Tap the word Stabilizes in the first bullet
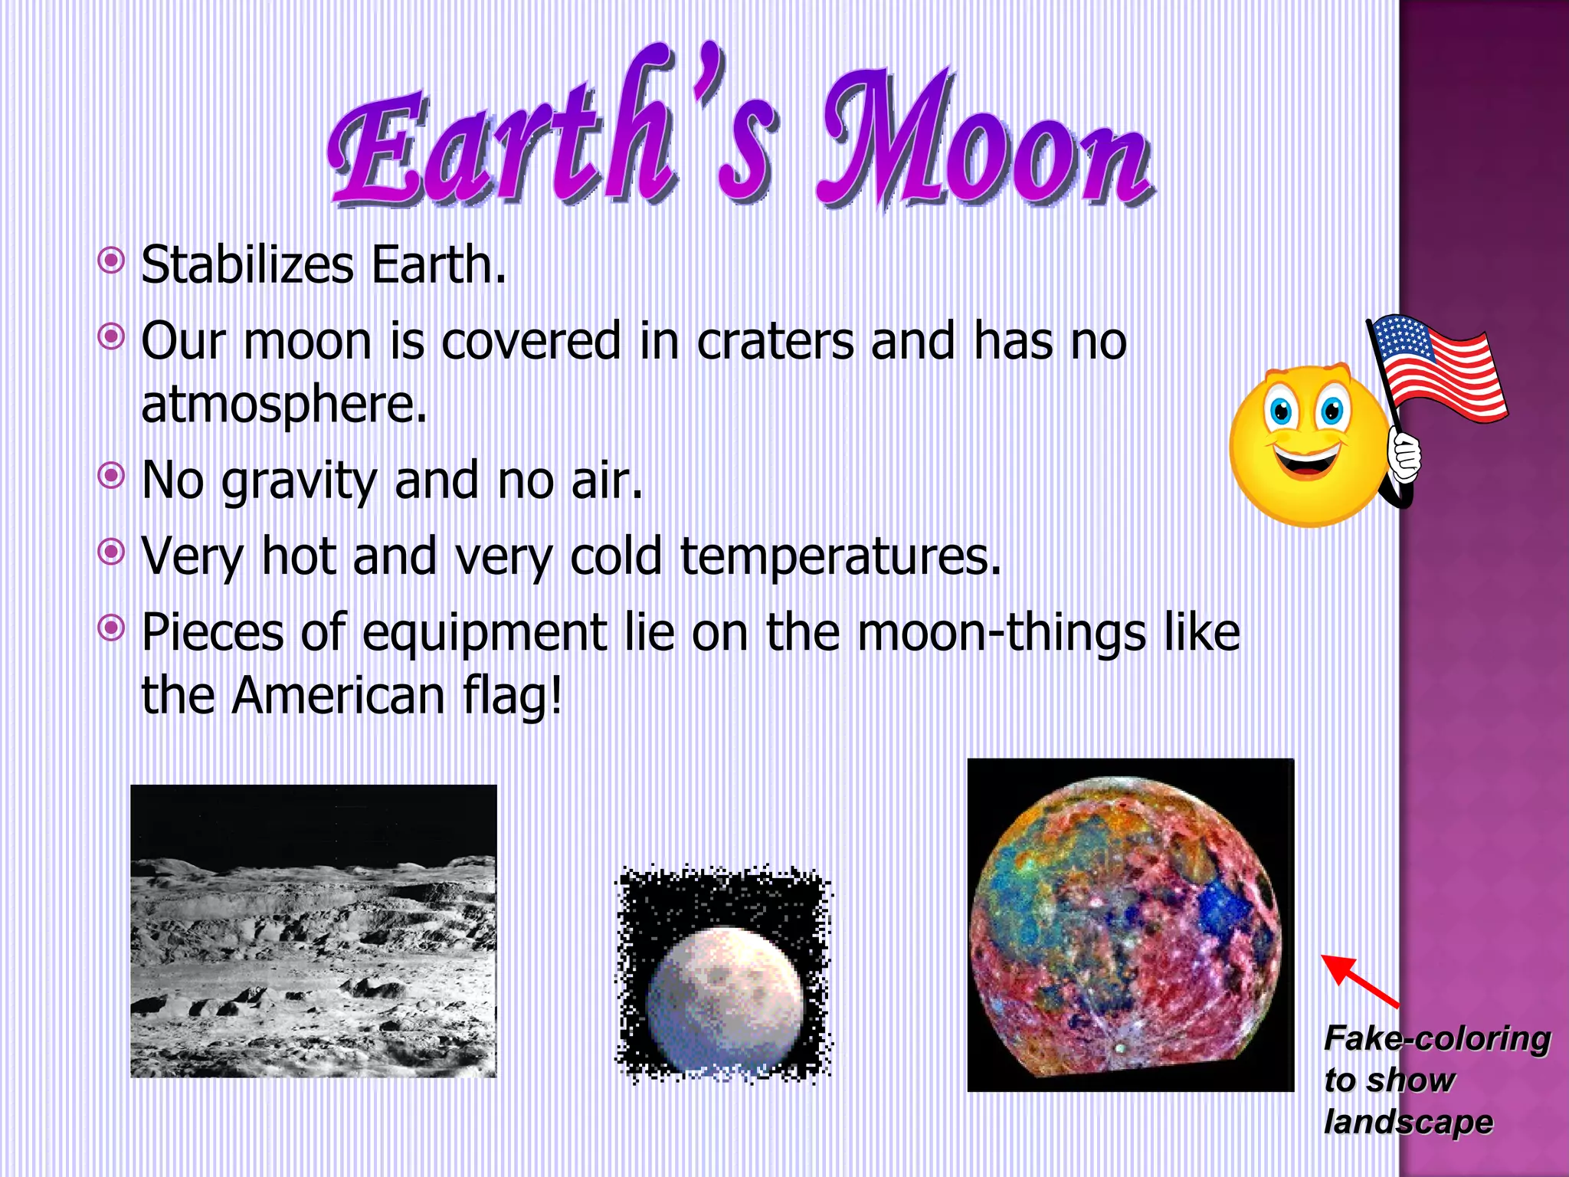[x=247, y=265]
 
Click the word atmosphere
[x=283, y=404]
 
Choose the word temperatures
[x=840, y=556]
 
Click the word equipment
[x=484, y=634]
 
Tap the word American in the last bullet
[x=338, y=696]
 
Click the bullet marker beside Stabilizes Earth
[x=112, y=261]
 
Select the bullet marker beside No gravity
[x=112, y=476]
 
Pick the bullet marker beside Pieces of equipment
[x=112, y=629]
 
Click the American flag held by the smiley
[x=1436, y=368]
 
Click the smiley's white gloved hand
[x=1404, y=457]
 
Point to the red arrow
[x=1360, y=981]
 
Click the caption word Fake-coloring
[x=1436, y=1039]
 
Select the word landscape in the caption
[x=1408, y=1122]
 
